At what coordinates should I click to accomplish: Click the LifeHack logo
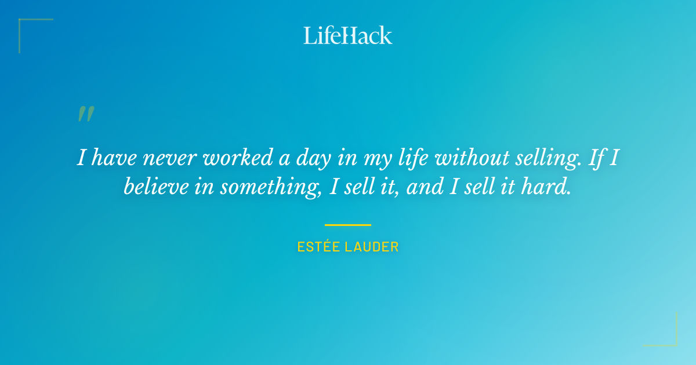[x=348, y=35]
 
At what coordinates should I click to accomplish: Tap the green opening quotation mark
[x=85, y=114]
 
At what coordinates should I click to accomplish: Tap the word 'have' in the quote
[x=116, y=158]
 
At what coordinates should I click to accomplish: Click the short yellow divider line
[x=348, y=225]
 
